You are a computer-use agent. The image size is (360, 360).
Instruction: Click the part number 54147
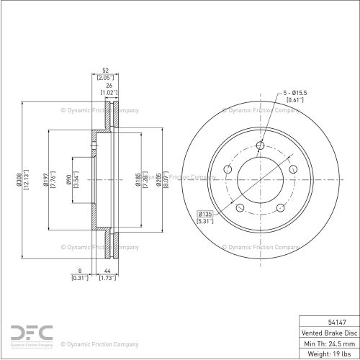337,322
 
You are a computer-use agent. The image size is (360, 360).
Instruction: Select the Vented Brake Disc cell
329,333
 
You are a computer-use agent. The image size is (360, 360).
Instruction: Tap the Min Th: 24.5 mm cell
329,343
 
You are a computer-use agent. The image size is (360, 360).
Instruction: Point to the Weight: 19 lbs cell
329,354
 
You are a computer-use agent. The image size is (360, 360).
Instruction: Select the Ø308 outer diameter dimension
19,179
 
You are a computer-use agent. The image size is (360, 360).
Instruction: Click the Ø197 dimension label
45,179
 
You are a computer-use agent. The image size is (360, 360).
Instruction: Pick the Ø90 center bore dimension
68,179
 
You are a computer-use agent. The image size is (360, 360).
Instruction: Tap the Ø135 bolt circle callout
205,214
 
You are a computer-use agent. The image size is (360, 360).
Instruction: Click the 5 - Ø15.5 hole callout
295,93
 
